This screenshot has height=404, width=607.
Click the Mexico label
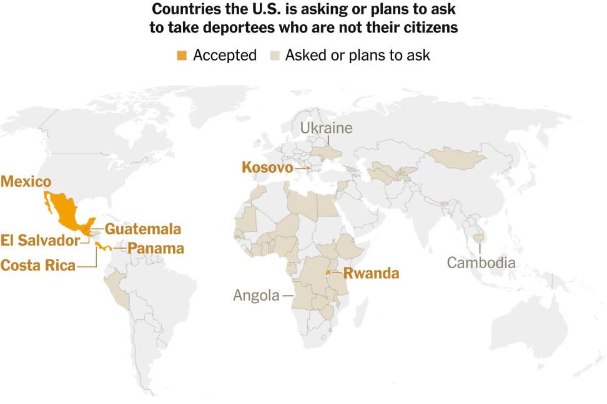(x=26, y=181)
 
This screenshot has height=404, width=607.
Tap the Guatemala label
(x=142, y=229)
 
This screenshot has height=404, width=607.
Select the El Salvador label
(x=40, y=240)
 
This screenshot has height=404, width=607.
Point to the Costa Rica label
(x=37, y=265)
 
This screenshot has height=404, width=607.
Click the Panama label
(x=155, y=248)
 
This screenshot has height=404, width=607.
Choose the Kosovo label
(x=267, y=167)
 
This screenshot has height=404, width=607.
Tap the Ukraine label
(x=326, y=128)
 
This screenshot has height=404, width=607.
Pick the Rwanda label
(x=371, y=273)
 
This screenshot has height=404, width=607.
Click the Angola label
(x=256, y=295)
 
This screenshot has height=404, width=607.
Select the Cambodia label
(x=481, y=262)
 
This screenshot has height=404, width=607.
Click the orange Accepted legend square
(x=182, y=55)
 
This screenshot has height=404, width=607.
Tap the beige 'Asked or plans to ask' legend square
(x=274, y=55)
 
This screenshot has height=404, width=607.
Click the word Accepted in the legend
(x=225, y=55)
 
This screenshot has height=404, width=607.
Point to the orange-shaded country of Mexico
(x=65, y=212)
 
